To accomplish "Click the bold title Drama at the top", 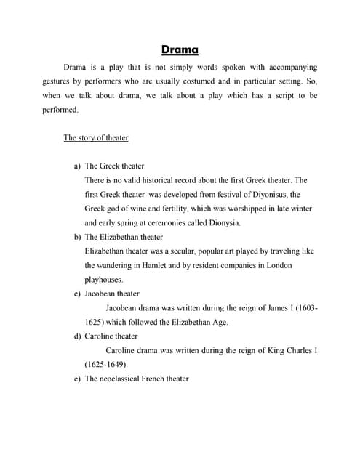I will click(x=180, y=50).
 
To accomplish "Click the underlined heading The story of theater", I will click(x=96, y=137).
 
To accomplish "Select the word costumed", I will click(x=225, y=81).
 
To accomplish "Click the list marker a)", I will click(x=77, y=166).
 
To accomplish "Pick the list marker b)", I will click(x=77, y=237).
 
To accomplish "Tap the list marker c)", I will click(x=77, y=294).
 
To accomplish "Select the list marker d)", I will click(x=77, y=336).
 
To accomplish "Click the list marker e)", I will click(x=77, y=379).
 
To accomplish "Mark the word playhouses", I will click(x=103, y=279).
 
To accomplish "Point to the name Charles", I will click(x=297, y=350).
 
